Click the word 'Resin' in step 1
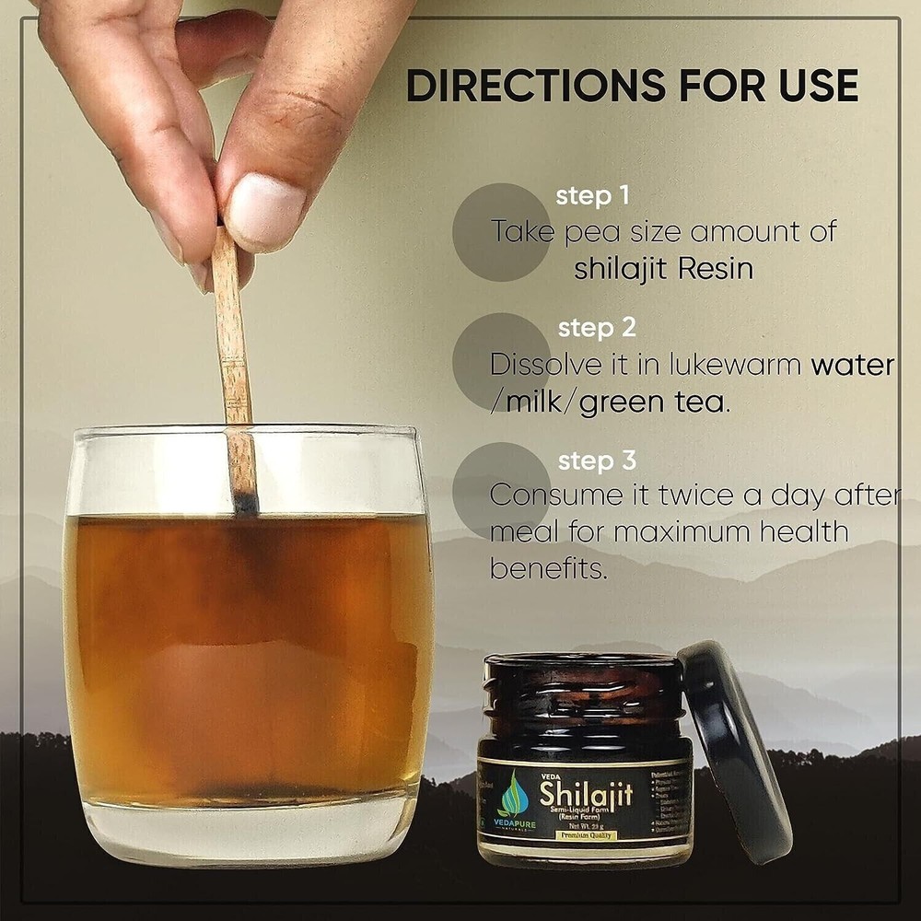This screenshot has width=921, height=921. (x=715, y=269)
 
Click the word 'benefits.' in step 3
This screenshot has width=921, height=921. (x=549, y=568)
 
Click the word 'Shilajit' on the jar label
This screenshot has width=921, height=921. (x=586, y=792)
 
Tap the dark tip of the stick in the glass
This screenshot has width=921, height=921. (x=246, y=500)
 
